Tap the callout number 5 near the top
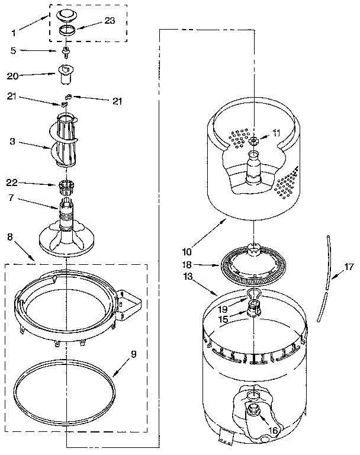13,51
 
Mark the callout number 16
273,431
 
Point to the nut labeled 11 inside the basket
253,140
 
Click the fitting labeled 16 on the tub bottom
256,409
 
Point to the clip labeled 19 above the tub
253,294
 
